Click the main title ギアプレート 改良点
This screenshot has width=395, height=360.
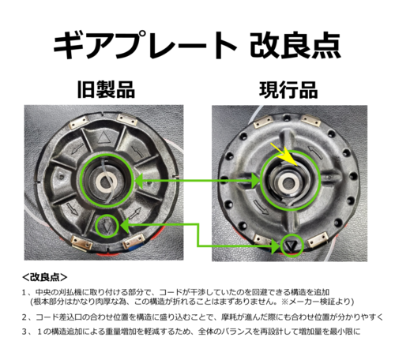click(x=197, y=45)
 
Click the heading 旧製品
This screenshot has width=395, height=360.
click(x=106, y=89)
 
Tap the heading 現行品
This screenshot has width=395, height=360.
click(x=288, y=90)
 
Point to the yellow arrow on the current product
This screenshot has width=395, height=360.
click(x=285, y=155)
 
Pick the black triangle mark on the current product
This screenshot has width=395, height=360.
click(x=292, y=246)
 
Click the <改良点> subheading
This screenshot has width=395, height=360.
click(x=45, y=277)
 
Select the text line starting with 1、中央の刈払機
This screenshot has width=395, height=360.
click(x=175, y=292)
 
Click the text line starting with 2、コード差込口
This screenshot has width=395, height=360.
click(x=202, y=317)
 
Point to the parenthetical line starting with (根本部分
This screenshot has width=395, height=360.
click(x=192, y=302)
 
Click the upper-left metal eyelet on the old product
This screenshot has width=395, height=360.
click(x=79, y=122)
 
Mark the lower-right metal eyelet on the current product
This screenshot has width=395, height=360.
click(x=318, y=240)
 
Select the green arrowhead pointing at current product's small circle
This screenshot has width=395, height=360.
click(x=276, y=246)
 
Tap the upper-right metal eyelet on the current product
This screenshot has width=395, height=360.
click(x=311, y=121)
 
